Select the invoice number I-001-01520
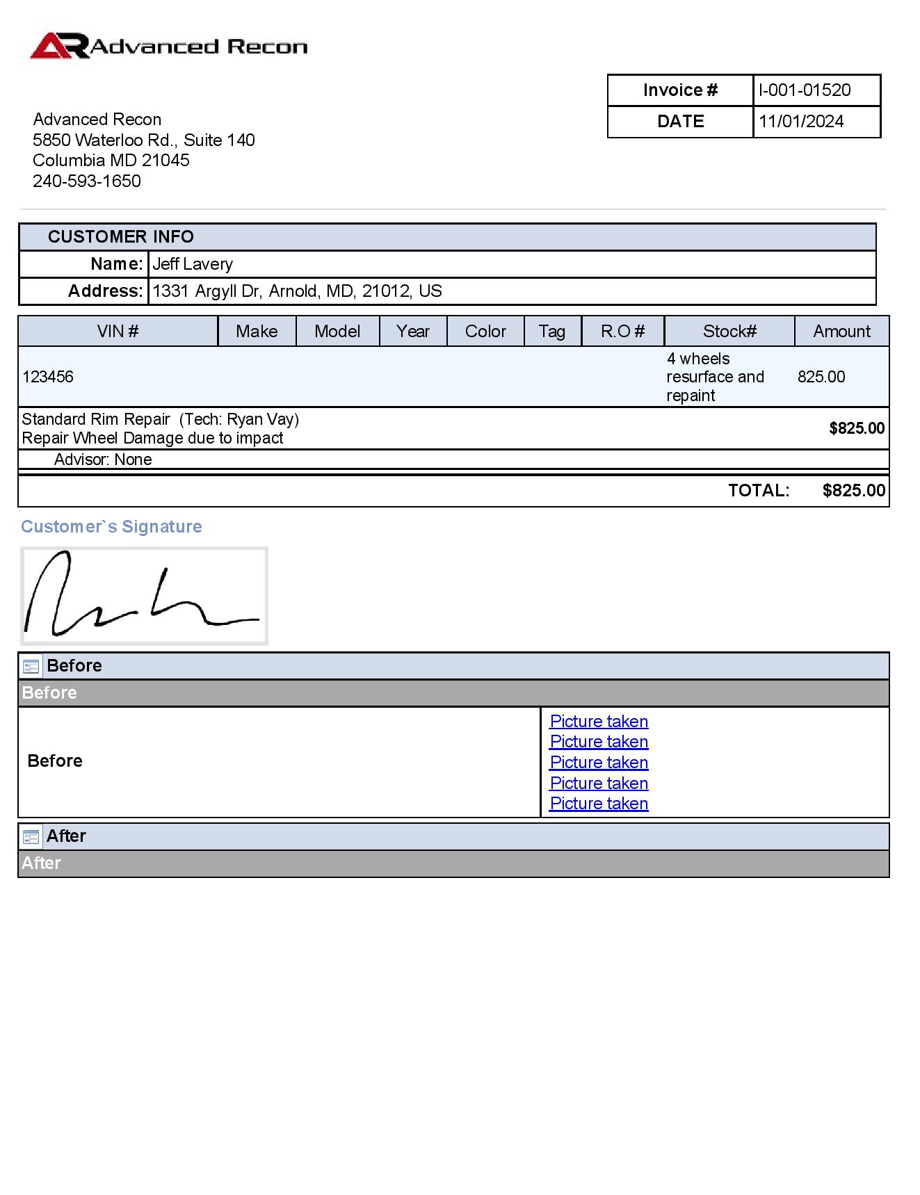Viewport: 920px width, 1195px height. [x=805, y=90]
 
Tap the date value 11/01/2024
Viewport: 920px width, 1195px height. [x=801, y=122]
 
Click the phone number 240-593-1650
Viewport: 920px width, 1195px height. [x=87, y=181]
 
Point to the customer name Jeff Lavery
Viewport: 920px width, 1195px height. [x=193, y=264]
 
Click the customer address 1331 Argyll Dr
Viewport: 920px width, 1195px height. [x=297, y=291]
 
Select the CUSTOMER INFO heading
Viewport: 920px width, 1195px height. [x=120, y=237]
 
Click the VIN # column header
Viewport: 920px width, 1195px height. [x=118, y=332]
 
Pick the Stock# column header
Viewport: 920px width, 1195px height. [x=729, y=332]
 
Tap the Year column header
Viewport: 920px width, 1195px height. [x=413, y=332]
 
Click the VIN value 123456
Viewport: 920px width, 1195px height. [x=48, y=377]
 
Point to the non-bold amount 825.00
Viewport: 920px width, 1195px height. [x=821, y=377]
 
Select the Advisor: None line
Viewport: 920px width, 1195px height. [x=103, y=460]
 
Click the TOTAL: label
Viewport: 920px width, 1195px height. [x=759, y=491]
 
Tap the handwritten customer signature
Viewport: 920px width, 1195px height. [x=143, y=596]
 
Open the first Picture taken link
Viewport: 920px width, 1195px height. [x=599, y=722]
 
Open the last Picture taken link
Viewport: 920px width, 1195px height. [x=599, y=804]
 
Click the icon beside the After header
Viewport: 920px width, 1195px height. [x=31, y=836]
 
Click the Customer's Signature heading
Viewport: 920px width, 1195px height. [x=111, y=527]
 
